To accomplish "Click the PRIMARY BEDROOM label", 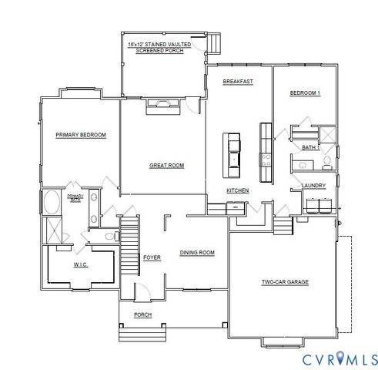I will (x=81, y=135).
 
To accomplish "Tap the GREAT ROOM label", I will (x=166, y=165).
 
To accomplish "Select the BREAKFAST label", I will (x=238, y=81).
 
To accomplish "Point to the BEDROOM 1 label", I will (x=305, y=93).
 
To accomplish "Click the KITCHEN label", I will (x=236, y=190).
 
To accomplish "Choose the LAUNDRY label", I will (x=313, y=185).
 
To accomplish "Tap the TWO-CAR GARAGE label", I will (x=284, y=282).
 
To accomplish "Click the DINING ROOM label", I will (x=197, y=253).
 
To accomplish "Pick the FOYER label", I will (x=152, y=257).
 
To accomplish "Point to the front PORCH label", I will (x=142, y=314).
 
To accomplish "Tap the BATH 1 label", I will (x=309, y=147).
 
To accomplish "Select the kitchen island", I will (x=232, y=150).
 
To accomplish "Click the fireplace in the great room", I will (x=163, y=106).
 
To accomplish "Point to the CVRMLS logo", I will (x=340, y=358).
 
